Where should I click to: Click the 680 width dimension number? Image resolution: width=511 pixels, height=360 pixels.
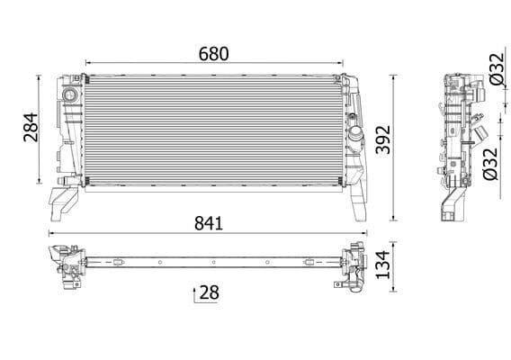[x=214, y=54]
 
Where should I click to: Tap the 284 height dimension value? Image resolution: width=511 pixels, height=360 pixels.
[x=30, y=130]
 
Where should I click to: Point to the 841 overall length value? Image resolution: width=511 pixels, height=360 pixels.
[x=207, y=221]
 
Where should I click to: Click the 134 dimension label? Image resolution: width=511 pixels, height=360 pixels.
[x=408, y=266]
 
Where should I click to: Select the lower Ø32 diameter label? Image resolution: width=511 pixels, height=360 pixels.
[x=490, y=162]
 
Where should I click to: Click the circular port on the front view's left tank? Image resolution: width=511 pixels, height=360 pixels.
[x=68, y=95]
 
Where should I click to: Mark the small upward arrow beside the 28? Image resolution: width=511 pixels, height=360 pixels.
[x=194, y=293]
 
